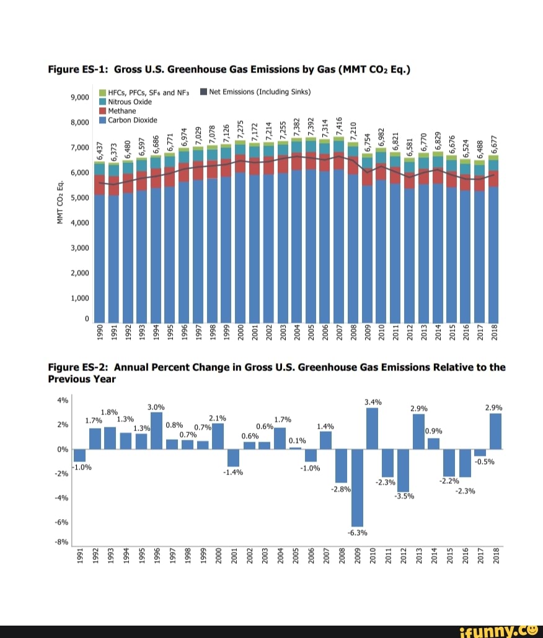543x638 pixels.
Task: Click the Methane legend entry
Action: pyautogui.click(x=121, y=111)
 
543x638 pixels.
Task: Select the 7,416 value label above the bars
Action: pyautogui.click(x=339, y=127)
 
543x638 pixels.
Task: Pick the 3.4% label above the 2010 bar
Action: pyautogui.click(x=373, y=401)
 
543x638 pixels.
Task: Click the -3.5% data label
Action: pyautogui.click(x=404, y=496)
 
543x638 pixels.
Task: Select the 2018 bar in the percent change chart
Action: pyautogui.click(x=495, y=431)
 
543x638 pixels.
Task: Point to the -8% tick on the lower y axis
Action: pyautogui.click(x=61, y=542)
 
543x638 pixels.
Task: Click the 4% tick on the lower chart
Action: pyautogui.click(x=63, y=400)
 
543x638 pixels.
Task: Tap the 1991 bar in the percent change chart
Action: pyautogui.click(x=79, y=455)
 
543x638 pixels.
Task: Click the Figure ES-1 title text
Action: pyautogui.click(x=229, y=69)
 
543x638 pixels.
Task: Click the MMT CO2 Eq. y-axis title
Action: pyautogui.click(x=60, y=202)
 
